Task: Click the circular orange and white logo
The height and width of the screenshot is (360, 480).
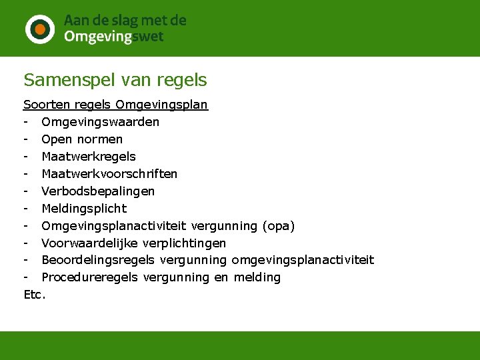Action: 39,29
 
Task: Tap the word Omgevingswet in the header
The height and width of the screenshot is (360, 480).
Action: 113,37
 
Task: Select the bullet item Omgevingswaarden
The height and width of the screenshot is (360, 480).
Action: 100,122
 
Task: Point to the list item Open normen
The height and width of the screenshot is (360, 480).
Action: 82,139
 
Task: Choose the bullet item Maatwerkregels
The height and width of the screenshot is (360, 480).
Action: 88,157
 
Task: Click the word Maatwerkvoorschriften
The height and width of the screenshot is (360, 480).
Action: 109,174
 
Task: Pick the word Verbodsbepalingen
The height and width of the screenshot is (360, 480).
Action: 98,191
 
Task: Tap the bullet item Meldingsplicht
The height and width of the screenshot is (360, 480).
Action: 84,209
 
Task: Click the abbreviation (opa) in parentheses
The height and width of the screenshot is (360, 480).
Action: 280,226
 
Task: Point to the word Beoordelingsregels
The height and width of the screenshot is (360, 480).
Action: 98,260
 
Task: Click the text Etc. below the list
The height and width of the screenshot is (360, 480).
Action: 35,294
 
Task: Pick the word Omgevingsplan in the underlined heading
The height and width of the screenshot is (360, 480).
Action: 161,105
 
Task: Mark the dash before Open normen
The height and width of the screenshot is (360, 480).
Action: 26,139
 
